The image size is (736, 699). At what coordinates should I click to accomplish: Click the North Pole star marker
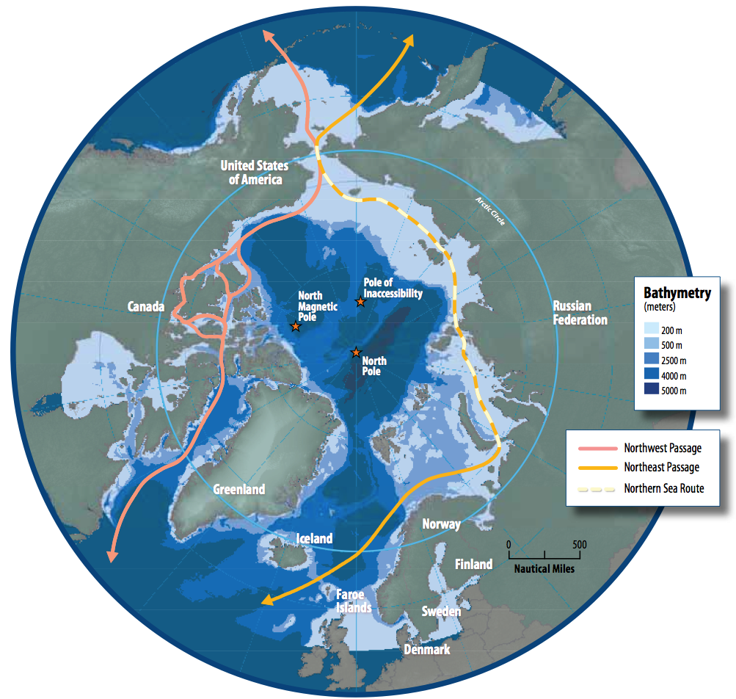click(356, 353)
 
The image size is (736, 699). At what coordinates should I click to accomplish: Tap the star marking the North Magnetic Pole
click(295, 326)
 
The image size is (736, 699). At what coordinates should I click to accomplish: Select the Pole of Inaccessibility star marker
click(360, 302)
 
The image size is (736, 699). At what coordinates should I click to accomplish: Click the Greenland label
click(239, 490)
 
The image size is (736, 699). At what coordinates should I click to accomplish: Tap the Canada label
click(146, 306)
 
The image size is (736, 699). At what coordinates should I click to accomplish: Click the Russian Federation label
click(580, 313)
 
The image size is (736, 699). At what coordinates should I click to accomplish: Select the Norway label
click(441, 524)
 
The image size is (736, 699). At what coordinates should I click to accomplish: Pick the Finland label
click(473, 564)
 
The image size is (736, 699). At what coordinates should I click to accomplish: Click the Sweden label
click(441, 611)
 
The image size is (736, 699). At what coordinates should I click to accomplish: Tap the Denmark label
click(426, 649)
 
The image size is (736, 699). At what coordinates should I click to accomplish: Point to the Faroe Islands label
click(354, 601)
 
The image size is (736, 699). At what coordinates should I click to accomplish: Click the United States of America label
click(252, 173)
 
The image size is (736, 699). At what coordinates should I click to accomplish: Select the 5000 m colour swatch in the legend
click(651, 391)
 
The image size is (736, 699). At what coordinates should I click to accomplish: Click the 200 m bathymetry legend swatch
click(651, 329)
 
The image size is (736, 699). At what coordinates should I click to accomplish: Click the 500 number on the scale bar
click(580, 544)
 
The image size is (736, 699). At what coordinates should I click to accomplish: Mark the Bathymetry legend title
click(677, 293)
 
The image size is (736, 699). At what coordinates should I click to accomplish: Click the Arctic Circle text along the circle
click(490, 211)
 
